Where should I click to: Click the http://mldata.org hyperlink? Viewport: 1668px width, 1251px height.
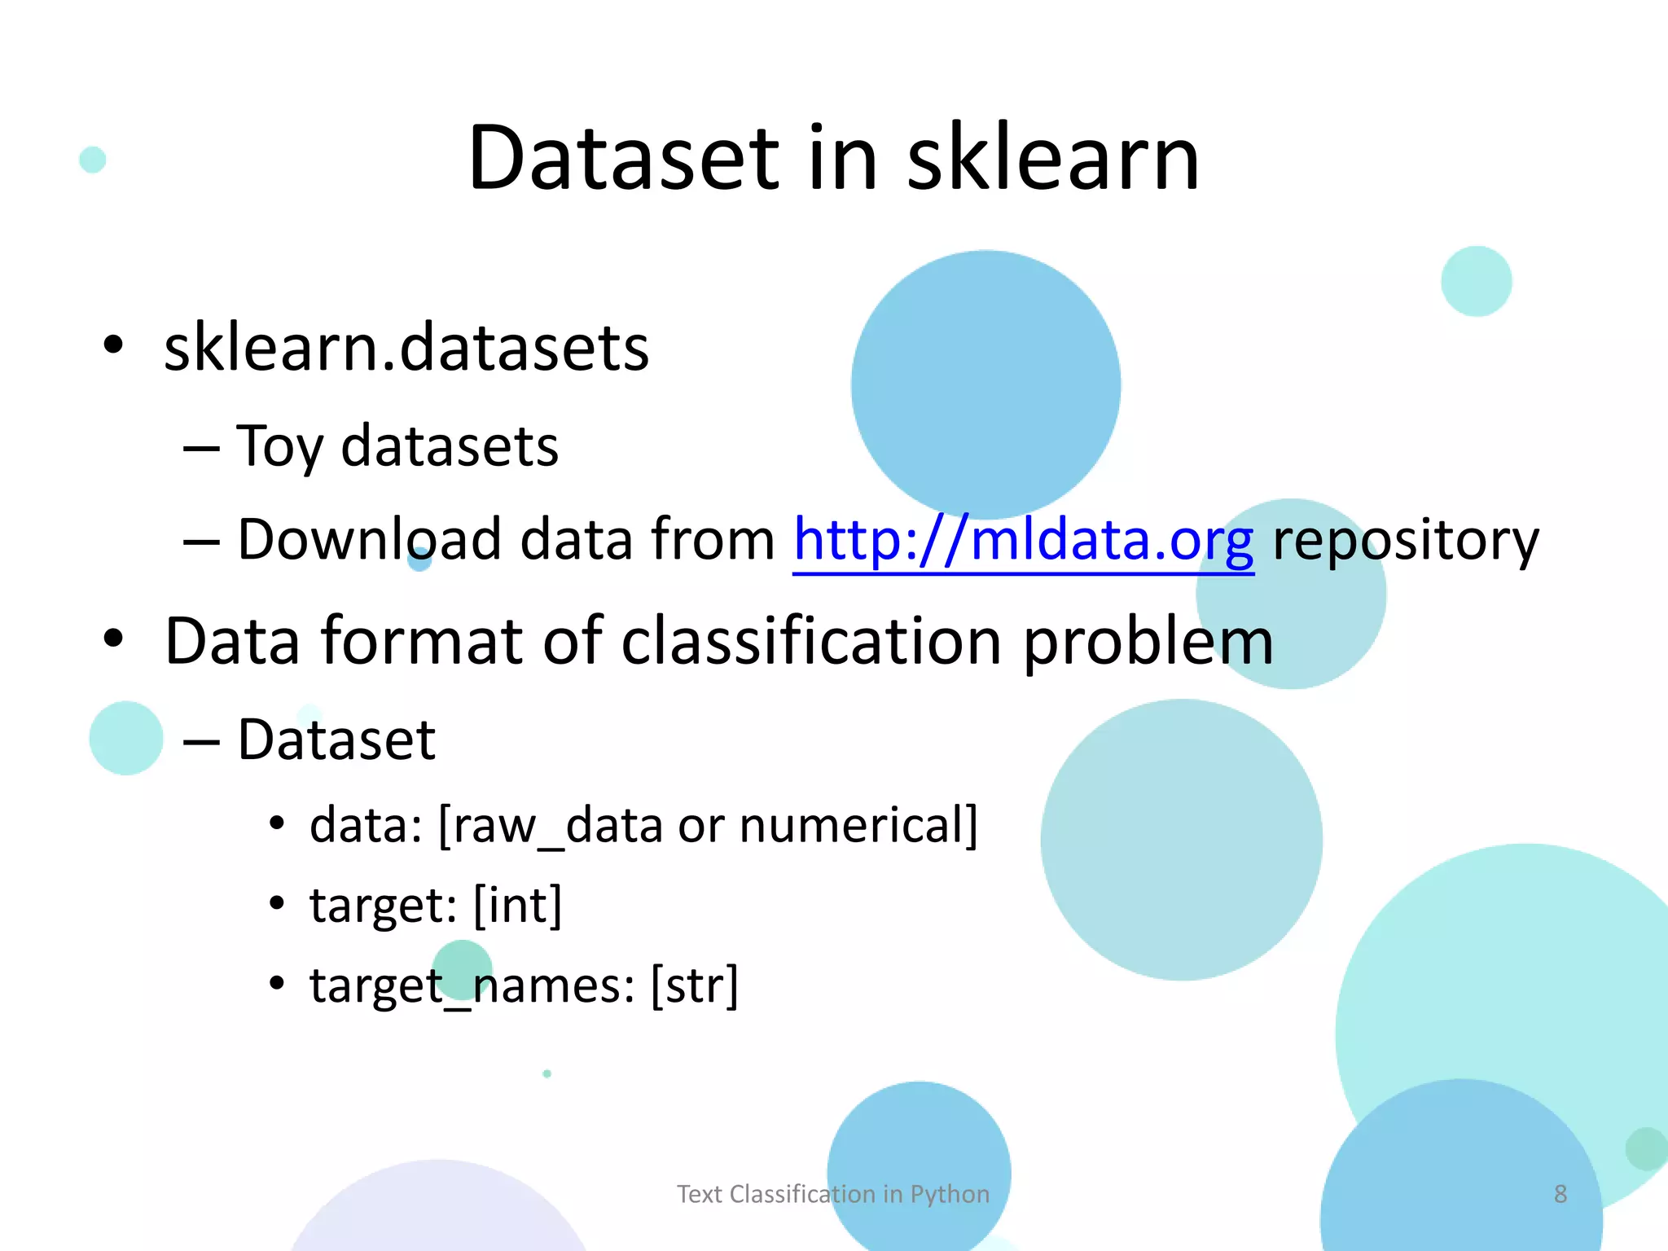click(x=1023, y=540)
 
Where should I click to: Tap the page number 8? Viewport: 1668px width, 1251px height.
click(x=1560, y=1194)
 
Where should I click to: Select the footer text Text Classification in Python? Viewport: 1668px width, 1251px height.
click(x=833, y=1194)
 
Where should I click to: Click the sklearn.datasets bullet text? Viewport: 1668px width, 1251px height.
click(x=406, y=348)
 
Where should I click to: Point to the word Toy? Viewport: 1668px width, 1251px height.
click(x=279, y=447)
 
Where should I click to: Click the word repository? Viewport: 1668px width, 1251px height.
click(x=1405, y=540)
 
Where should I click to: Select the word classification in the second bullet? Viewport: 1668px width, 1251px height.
click(x=811, y=642)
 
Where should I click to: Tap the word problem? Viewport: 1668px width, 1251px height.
click(x=1148, y=642)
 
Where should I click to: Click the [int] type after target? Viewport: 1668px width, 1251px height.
click(x=518, y=906)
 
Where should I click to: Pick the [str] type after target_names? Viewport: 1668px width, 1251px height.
click(x=695, y=985)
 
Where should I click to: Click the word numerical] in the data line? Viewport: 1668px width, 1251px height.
click(x=858, y=826)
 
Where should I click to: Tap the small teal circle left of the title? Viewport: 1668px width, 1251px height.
click(x=93, y=160)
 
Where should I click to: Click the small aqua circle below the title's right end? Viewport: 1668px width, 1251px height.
click(x=1476, y=281)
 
